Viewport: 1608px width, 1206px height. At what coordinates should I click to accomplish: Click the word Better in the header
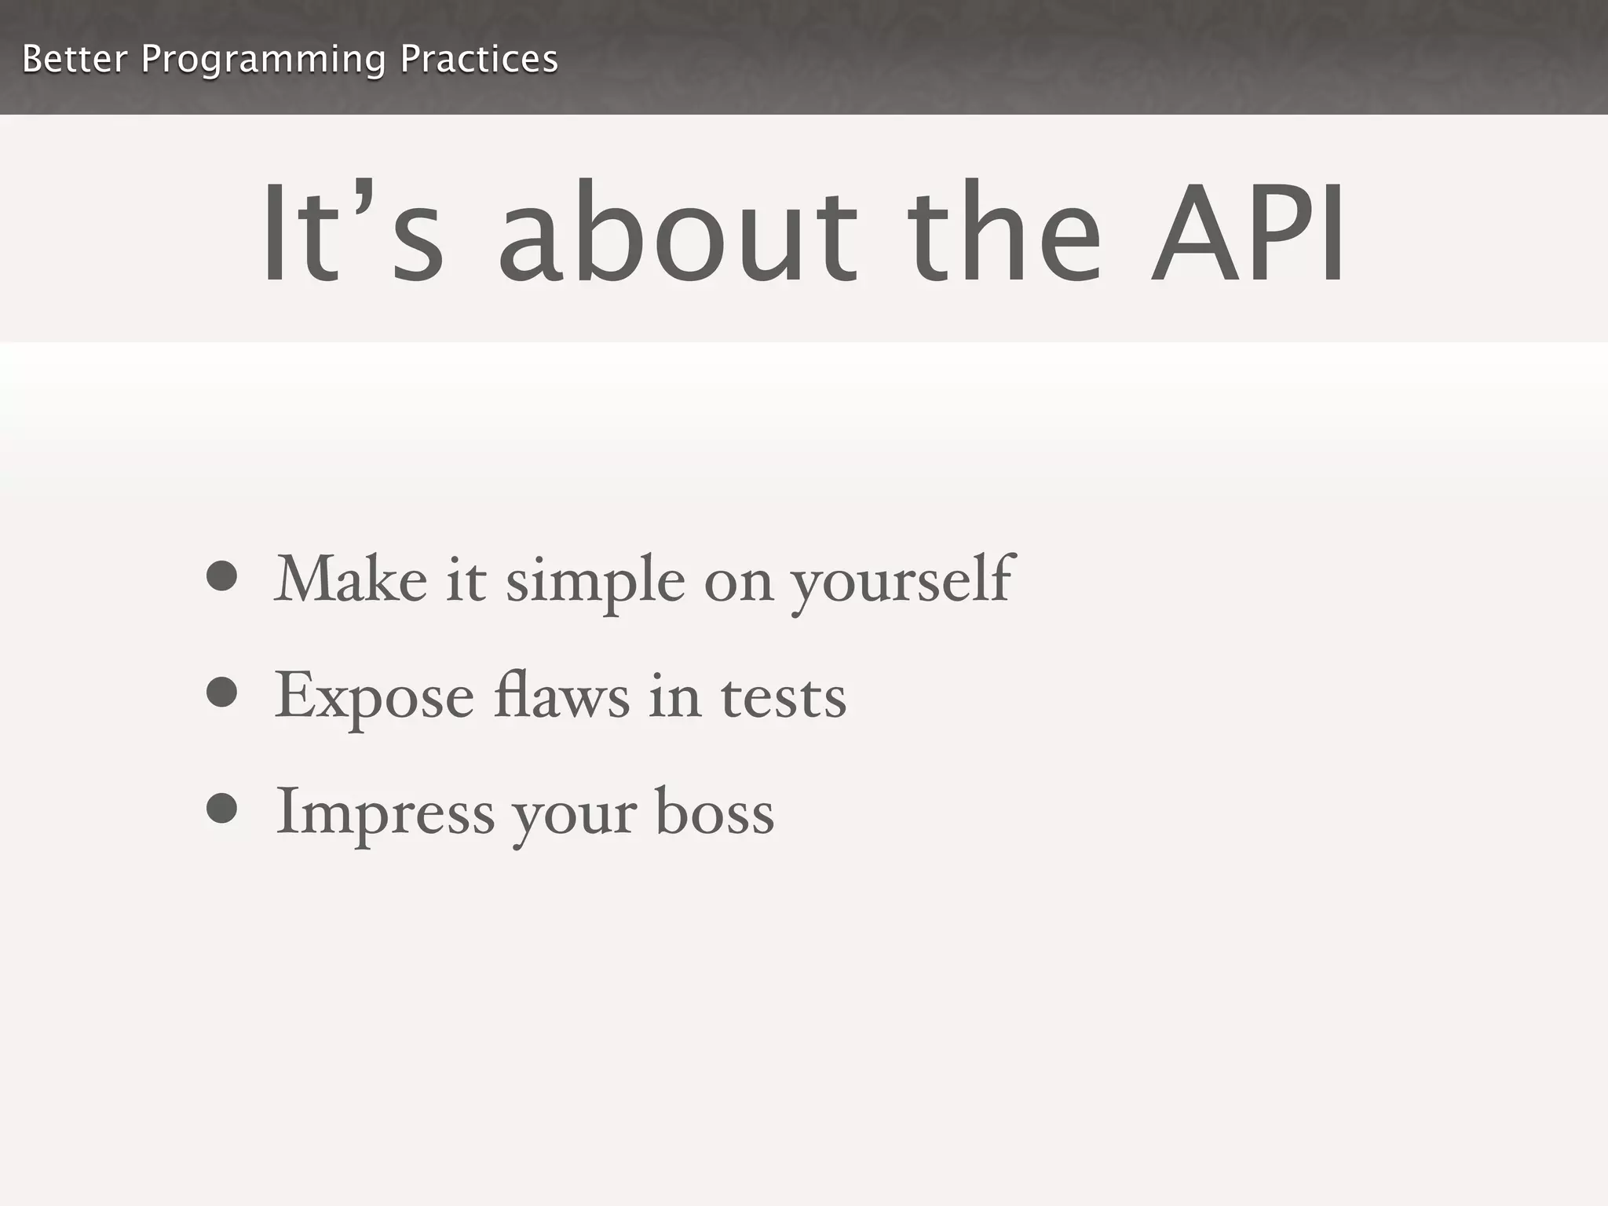(x=75, y=60)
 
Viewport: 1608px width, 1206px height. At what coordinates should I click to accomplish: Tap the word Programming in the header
(x=263, y=60)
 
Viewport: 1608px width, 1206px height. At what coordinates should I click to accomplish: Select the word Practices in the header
(x=478, y=60)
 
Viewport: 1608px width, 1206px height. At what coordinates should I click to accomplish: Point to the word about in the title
(x=678, y=233)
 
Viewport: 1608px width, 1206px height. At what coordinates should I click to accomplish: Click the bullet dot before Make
(x=222, y=576)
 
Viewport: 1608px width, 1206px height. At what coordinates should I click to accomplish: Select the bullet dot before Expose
(x=222, y=693)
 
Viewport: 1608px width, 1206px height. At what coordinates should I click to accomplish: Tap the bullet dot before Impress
(x=222, y=809)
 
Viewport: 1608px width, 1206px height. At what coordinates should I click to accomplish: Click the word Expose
(x=375, y=698)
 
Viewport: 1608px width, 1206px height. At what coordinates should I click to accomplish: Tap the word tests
(x=784, y=698)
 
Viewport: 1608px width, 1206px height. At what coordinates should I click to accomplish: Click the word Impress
(x=385, y=814)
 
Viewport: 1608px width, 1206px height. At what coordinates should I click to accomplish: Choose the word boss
(x=714, y=813)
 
